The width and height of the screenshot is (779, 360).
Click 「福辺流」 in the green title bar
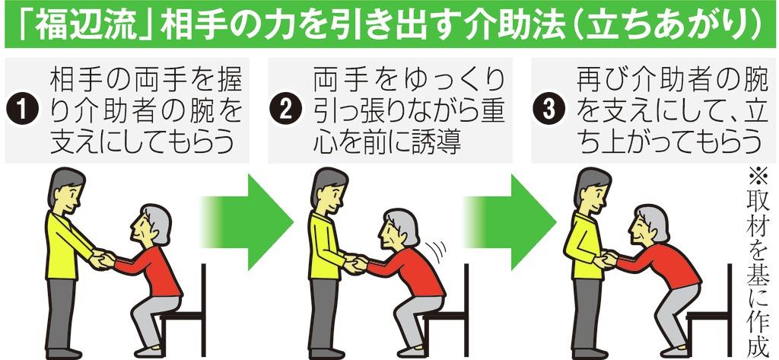[81, 24]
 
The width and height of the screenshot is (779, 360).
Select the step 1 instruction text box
[127, 110]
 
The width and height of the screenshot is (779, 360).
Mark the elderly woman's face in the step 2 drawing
[390, 234]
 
